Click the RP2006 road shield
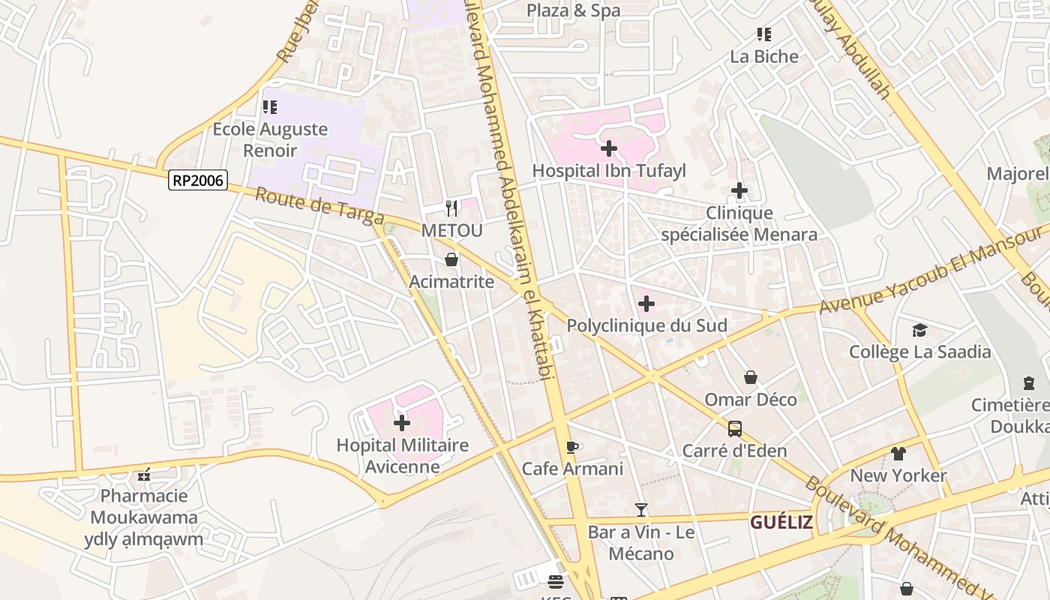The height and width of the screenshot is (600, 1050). [x=198, y=180]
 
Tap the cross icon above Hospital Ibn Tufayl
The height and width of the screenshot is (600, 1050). [x=609, y=148]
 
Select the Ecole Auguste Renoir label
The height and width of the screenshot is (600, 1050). [x=270, y=139]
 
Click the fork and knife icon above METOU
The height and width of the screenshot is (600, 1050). [x=451, y=208]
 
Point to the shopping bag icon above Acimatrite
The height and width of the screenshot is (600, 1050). [x=451, y=259]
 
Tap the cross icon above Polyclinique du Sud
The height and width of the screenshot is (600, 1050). [x=646, y=304]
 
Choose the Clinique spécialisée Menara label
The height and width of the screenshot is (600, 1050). [x=739, y=223]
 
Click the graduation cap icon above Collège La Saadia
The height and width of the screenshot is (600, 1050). [x=919, y=330]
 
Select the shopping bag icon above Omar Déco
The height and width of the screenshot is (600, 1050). [x=751, y=377]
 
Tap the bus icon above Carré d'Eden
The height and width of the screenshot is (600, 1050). [x=735, y=429]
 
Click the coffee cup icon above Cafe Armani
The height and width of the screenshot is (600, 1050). [x=572, y=447]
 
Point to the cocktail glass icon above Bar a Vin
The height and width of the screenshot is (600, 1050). [x=641, y=510]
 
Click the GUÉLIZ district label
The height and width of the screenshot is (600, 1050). [x=781, y=522]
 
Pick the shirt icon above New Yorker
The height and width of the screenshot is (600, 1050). [x=898, y=453]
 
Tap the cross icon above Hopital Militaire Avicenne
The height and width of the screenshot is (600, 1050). [x=402, y=423]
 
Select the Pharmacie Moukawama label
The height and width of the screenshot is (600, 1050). [x=144, y=506]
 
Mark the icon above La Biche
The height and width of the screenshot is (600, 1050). [x=764, y=34]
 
